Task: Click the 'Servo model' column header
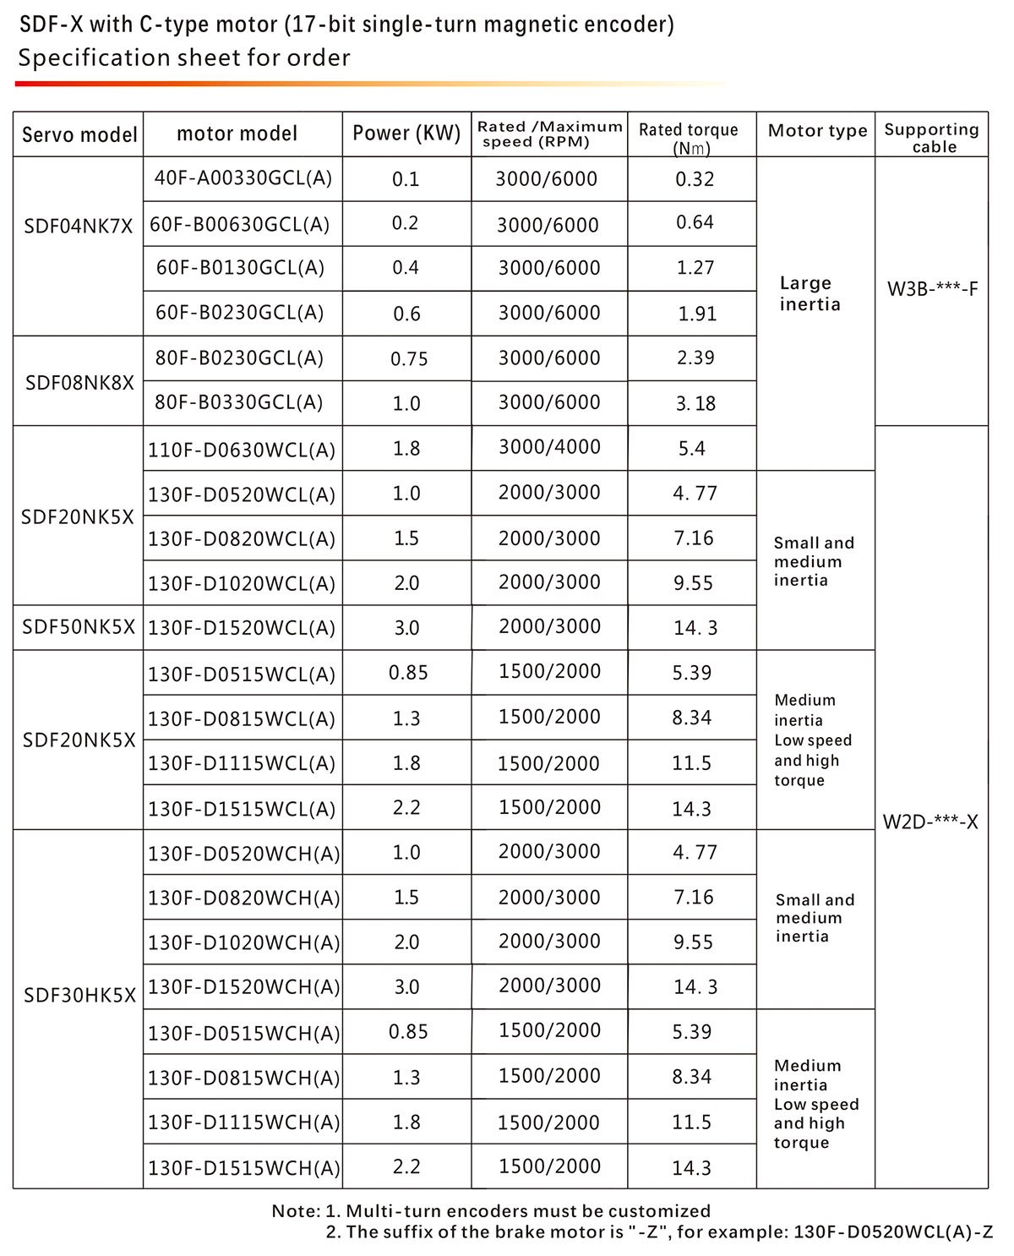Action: pos(79,134)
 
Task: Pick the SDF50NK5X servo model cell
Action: pos(79,627)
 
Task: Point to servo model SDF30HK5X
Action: pos(79,995)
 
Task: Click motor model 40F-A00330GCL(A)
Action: pos(243,178)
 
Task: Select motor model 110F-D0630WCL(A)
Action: pos(242,449)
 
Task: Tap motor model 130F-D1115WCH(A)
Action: pos(243,1122)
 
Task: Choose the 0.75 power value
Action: pos(409,359)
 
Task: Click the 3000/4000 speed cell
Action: pos(549,447)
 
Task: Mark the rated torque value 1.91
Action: pos(696,314)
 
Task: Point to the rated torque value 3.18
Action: pos(695,403)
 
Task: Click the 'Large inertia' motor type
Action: pos(809,293)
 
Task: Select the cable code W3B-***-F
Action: pos(932,289)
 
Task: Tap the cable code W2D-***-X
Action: pos(930,822)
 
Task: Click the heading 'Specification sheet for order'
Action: pos(184,58)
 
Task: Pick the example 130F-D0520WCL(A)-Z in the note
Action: pos(893,1231)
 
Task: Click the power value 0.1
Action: pos(406,179)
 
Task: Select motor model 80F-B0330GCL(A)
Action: pos(238,402)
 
